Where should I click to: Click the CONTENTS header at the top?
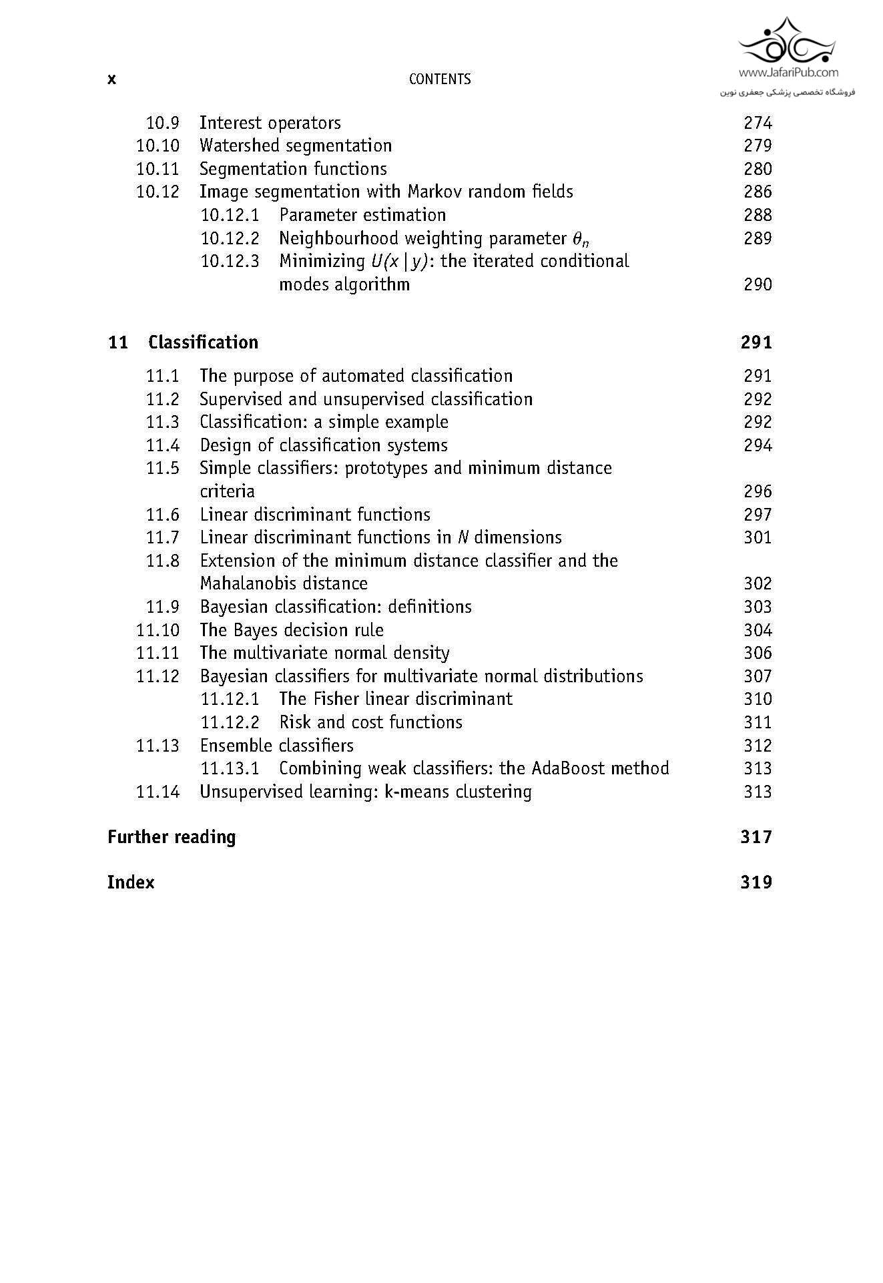click(x=439, y=79)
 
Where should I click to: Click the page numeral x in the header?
click(x=111, y=79)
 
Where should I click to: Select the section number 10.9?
click(x=162, y=123)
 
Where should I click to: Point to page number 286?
click(x=758, y=192)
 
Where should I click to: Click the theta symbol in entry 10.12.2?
click(x=580, y=239)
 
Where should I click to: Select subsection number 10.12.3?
click(x=230, y=261)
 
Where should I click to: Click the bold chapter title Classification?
click(x=203, y=342)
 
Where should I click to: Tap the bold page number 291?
click(x=756, y=342)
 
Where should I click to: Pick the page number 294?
click(x=758, y=445)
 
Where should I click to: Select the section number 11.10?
click(x=158, y=630)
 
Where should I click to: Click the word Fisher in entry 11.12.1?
click(x=336, y=699)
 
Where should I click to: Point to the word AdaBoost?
click(x=559, y=768)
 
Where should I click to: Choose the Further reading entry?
click(x=172, y=837)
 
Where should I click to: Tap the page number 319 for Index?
click(x=756, y=882)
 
